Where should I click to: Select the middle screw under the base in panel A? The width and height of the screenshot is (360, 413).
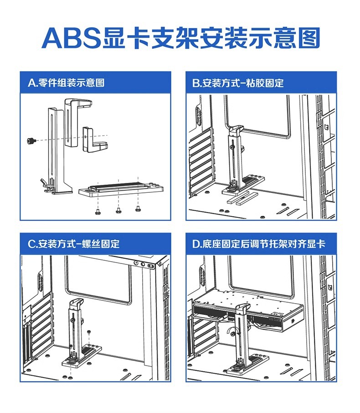pyautogui.click(x=118, y=210)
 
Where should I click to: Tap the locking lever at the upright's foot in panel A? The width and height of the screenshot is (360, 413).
pyautogui.click(x=44, y=184)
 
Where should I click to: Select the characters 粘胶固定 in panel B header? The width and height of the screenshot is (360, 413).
pyautogui.click(x=264, y=83)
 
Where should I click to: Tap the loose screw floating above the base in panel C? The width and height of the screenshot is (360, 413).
pyautogui.click(x=88, y=331)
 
